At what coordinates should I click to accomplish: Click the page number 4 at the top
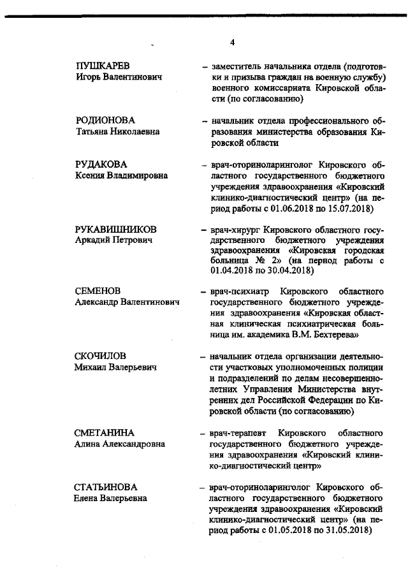point(232,43)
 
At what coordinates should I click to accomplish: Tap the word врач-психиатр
point(238,291)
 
